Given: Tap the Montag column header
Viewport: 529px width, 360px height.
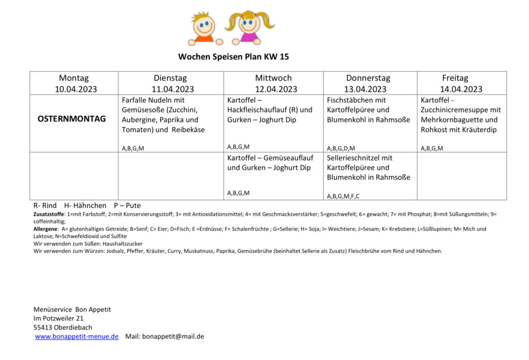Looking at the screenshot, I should tap(73, 78).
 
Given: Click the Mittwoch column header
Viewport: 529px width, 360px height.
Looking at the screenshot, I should tap(273, 78).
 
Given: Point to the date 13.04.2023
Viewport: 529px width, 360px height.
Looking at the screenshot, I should tap(368, 89).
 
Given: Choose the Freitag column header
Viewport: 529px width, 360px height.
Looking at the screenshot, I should tap(455, 78).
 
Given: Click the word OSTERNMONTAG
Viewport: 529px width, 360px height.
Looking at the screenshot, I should tap(71, 119).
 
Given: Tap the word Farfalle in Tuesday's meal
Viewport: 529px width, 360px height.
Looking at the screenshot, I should tap(134, 100).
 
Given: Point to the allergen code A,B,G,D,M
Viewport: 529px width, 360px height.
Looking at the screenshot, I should tap(341, 148).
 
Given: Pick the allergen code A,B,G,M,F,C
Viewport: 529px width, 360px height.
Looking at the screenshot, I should tap(343, 196).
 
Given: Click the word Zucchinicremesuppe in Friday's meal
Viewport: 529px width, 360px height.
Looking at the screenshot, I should tap(461, 109).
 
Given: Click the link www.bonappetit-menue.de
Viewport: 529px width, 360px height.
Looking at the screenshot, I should tap(76, 336).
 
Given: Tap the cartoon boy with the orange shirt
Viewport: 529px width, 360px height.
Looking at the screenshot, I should tap(204, 29).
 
